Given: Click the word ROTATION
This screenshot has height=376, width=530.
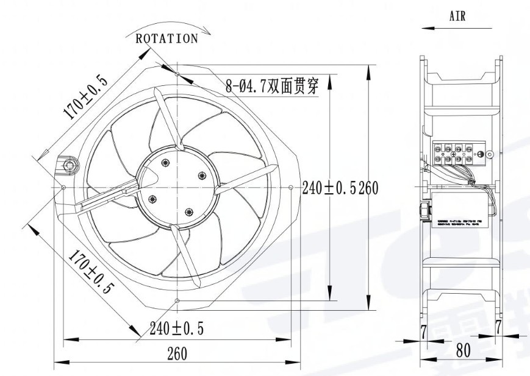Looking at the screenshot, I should [167, 39].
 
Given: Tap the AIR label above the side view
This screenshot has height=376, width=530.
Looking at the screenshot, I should [457, 16].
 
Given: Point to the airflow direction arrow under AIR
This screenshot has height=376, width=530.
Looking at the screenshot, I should [457, 28].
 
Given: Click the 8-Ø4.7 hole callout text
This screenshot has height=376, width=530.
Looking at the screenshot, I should [272, 86].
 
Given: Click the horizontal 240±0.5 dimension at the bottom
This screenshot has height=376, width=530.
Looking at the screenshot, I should [177, 329].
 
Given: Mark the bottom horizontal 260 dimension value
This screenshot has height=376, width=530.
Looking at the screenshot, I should [176, 353].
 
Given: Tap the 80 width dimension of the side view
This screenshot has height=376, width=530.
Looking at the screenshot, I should [463, 351].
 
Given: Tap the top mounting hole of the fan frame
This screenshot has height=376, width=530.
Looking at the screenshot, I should [177, 74].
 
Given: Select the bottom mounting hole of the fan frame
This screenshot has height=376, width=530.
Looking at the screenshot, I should [177, 301].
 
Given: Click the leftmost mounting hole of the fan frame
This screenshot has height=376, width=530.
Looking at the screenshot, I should [64, 187].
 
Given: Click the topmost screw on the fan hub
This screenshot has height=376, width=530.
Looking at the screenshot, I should [165, 161].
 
